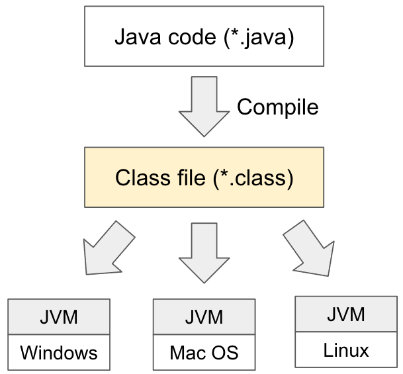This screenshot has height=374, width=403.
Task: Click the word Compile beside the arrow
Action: (x=277, y=107)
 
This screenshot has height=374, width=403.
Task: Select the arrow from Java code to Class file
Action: (x=204, y=106)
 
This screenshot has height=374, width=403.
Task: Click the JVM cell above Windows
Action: (x=58, y=317)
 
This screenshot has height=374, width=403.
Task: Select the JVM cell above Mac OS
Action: (x=204, y=317)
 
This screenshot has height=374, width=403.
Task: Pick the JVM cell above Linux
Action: (x=345, y=314)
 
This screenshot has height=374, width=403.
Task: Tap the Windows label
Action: (x=58, y=353)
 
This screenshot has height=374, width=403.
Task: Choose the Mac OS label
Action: (x=204, y=353)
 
